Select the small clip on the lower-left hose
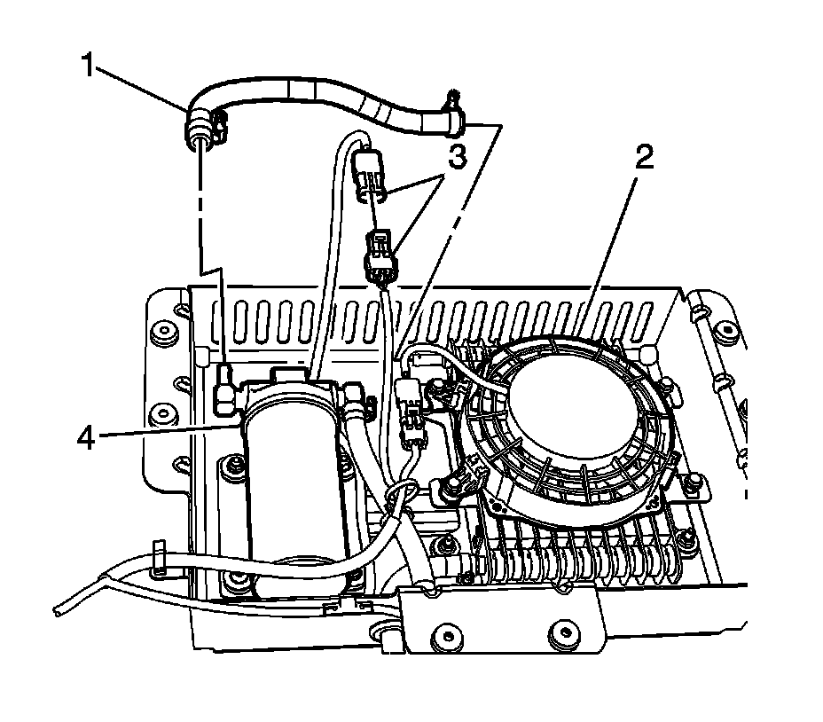(160, 556)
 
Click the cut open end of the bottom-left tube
(58, 611)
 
